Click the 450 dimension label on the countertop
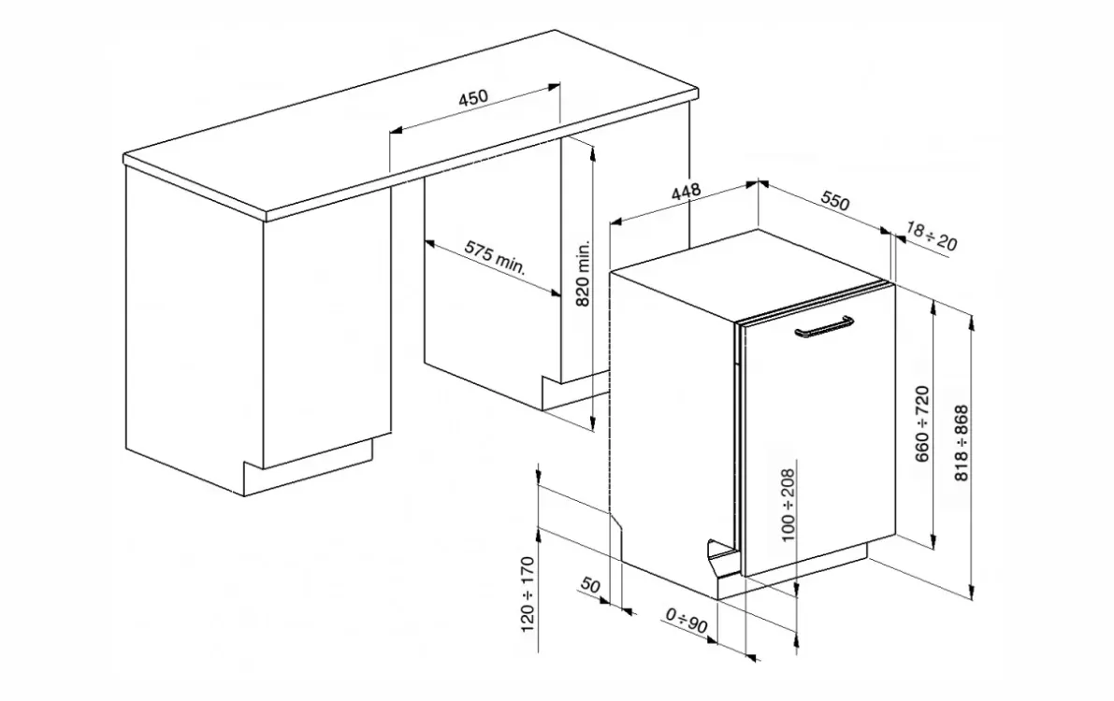(x=473, y=96)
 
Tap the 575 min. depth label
(x=495, y=257)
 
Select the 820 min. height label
(x=583, y=274)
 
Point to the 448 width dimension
(x=686, y=192)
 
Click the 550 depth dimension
(x=835, y=202)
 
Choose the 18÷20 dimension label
(x=932, y=236)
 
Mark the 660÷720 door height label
(x=922, y=423)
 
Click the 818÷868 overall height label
(x=962, y=443)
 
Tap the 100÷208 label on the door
(x=788, y=505)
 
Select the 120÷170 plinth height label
(x=528, y=594)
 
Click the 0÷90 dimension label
(x=687, y=620)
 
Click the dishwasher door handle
(x=824, y=327)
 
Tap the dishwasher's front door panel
(x=818, y=430)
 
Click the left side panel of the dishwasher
(x=672, y=426)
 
